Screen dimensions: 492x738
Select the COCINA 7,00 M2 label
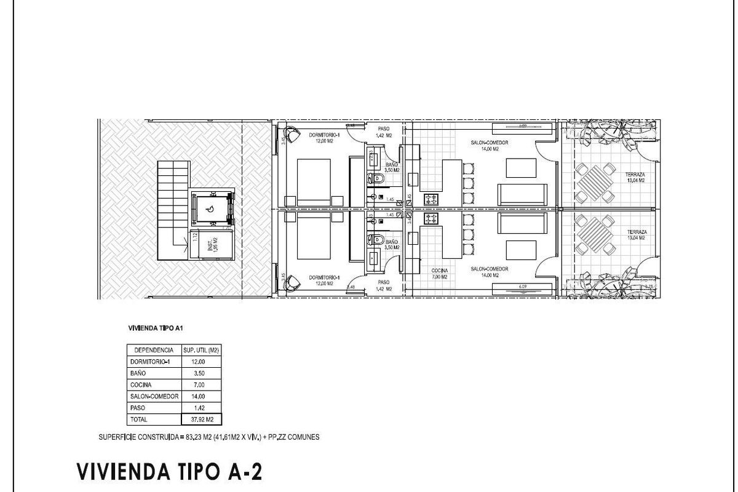click(439, 273)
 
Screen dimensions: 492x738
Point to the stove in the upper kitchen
click(430, 199)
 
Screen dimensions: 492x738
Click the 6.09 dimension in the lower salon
click(523, 286)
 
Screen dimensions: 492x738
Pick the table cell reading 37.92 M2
click(202, 420)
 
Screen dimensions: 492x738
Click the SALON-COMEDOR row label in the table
click(154, 397)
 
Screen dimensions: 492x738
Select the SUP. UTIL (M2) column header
click(202, 350)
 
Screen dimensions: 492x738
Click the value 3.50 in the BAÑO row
click(202, 373)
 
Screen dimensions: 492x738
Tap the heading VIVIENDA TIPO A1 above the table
click(154, 328)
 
